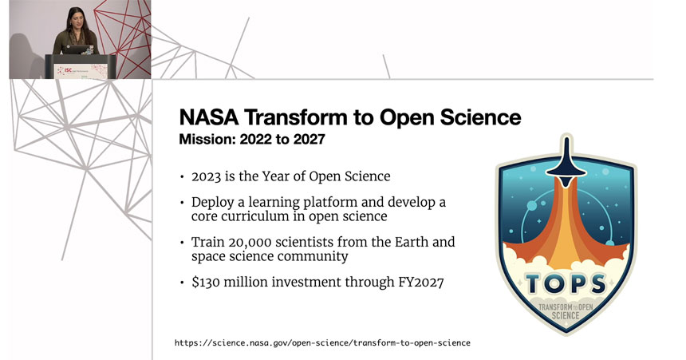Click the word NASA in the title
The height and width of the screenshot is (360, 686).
coord(204,119)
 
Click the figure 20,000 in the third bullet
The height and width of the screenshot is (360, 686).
coord(246,241)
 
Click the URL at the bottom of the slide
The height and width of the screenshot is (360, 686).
coord(322,342)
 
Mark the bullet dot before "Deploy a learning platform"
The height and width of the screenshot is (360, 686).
coord(183,202)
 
